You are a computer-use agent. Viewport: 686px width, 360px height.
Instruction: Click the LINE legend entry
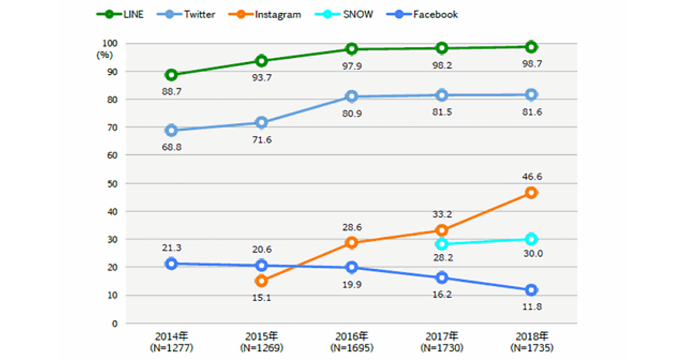pos(120,15)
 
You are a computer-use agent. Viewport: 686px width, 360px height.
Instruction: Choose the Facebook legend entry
pos(423,15)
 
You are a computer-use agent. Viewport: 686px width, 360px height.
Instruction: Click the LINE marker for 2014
pos(171,75)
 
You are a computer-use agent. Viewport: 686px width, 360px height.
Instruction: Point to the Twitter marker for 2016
pos(351,97)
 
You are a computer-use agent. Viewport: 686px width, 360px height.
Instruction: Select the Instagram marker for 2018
pos(531,193)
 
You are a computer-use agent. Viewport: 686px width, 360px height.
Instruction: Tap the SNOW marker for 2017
pos(441,244)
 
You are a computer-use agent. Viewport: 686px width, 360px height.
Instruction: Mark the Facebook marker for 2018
pos(531,290)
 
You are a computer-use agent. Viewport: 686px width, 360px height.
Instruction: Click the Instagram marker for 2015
pos(261,281)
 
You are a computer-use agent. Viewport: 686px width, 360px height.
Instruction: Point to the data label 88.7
pos(170,91)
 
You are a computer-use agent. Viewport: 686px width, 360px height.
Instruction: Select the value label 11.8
pos(531,306)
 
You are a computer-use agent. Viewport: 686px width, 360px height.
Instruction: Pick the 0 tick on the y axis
pos(114,323)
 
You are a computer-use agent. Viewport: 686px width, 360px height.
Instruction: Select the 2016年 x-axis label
pos(351,336)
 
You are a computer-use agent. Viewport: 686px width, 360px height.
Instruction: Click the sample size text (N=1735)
pos(531,347)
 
